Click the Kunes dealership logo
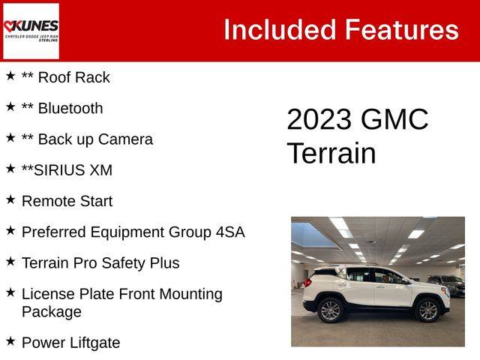click(x=31, y=31)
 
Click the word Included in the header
click(x=280, y=30)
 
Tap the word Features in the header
click(x=402, y=30)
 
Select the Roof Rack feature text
click(x=73, y=77)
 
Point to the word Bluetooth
click(x=70, y=108)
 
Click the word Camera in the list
click(x=125, y=139)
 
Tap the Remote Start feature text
click(x=67, y=201)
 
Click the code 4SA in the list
click(x=230, y=232)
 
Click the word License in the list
click(x=48, y=294)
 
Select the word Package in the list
click(x=52, y=312)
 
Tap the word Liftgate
click(x=94, y=343)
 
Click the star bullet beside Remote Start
click(x=10, y=199)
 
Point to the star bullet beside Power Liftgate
click(x=10, y=341)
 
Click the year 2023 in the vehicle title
click(x=319, y=119)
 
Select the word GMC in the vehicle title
click(x=394, y=119)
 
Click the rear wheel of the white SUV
click(x=330, y=310)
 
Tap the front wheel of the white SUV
click(x=428, y=310)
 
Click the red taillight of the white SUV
click(x=308, y=283)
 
